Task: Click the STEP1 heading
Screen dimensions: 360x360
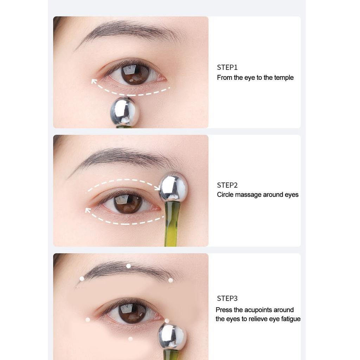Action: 227,67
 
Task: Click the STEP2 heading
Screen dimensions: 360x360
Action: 227,185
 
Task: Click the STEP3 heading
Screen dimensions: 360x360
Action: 227,298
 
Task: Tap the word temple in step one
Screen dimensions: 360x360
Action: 284,78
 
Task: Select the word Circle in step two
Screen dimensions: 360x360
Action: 225,195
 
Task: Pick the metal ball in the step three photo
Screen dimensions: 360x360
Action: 172,336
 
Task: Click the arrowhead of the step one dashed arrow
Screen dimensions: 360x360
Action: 94,82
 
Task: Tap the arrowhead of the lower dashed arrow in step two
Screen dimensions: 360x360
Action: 88,211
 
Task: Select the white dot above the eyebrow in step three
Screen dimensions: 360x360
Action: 129,266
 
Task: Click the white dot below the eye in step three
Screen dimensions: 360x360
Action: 130,339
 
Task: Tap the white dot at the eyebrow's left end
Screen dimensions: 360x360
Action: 82,278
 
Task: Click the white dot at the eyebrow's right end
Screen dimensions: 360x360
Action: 171,281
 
